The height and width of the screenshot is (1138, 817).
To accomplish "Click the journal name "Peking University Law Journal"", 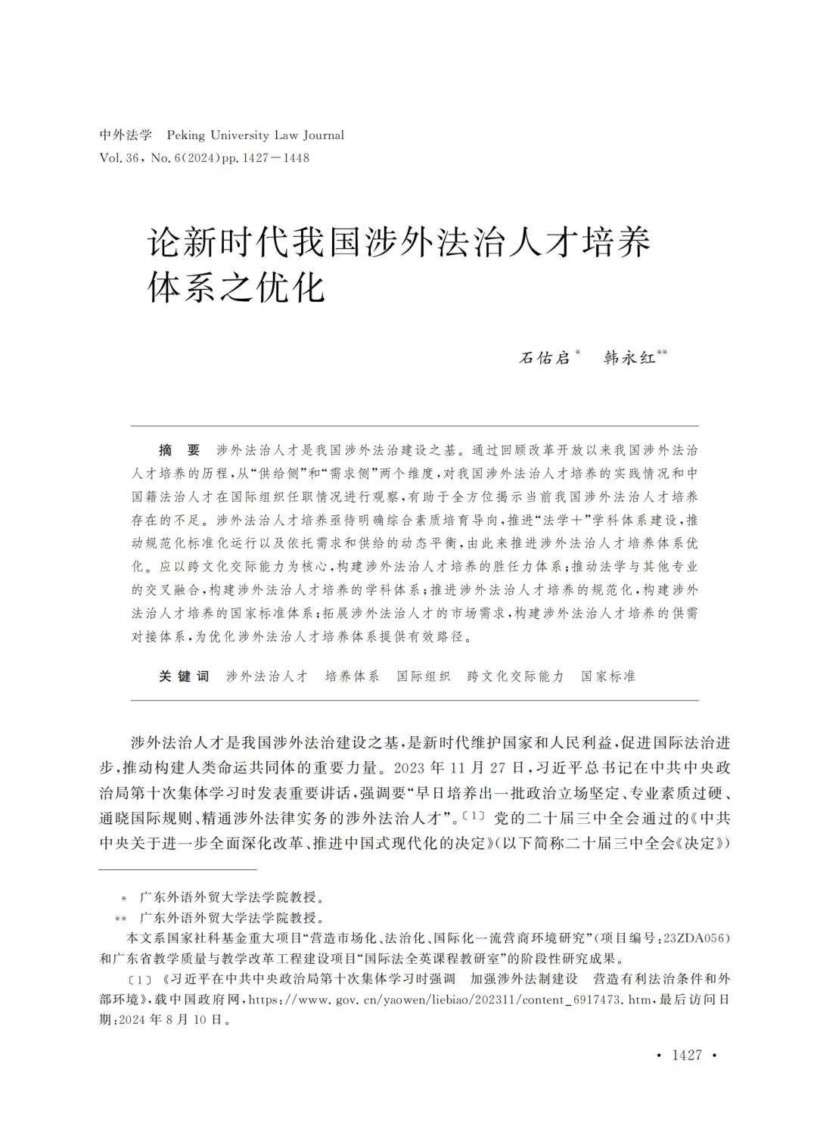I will pos(255,135).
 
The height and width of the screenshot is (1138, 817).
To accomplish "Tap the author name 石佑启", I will pos(545,358).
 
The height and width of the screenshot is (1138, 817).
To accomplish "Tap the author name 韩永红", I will pos(629,358).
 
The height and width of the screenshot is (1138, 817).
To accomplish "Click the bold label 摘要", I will pos(179,450).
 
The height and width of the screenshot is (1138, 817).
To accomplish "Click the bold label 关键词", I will pos(184,676).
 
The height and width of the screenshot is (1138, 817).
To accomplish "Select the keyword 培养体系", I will pos(352,676).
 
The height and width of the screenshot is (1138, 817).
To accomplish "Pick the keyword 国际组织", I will pos(424,676).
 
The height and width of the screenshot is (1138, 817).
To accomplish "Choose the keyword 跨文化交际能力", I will pos(516,676).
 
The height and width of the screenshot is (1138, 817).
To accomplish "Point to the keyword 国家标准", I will pos(608,676).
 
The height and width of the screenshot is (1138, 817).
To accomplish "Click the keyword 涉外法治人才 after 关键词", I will pos(267,676).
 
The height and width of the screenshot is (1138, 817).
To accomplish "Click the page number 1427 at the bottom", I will pos(687,1056).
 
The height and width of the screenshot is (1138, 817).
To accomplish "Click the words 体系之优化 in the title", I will pos(236,288).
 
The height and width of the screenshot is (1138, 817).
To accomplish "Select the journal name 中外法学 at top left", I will pos(126,135).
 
